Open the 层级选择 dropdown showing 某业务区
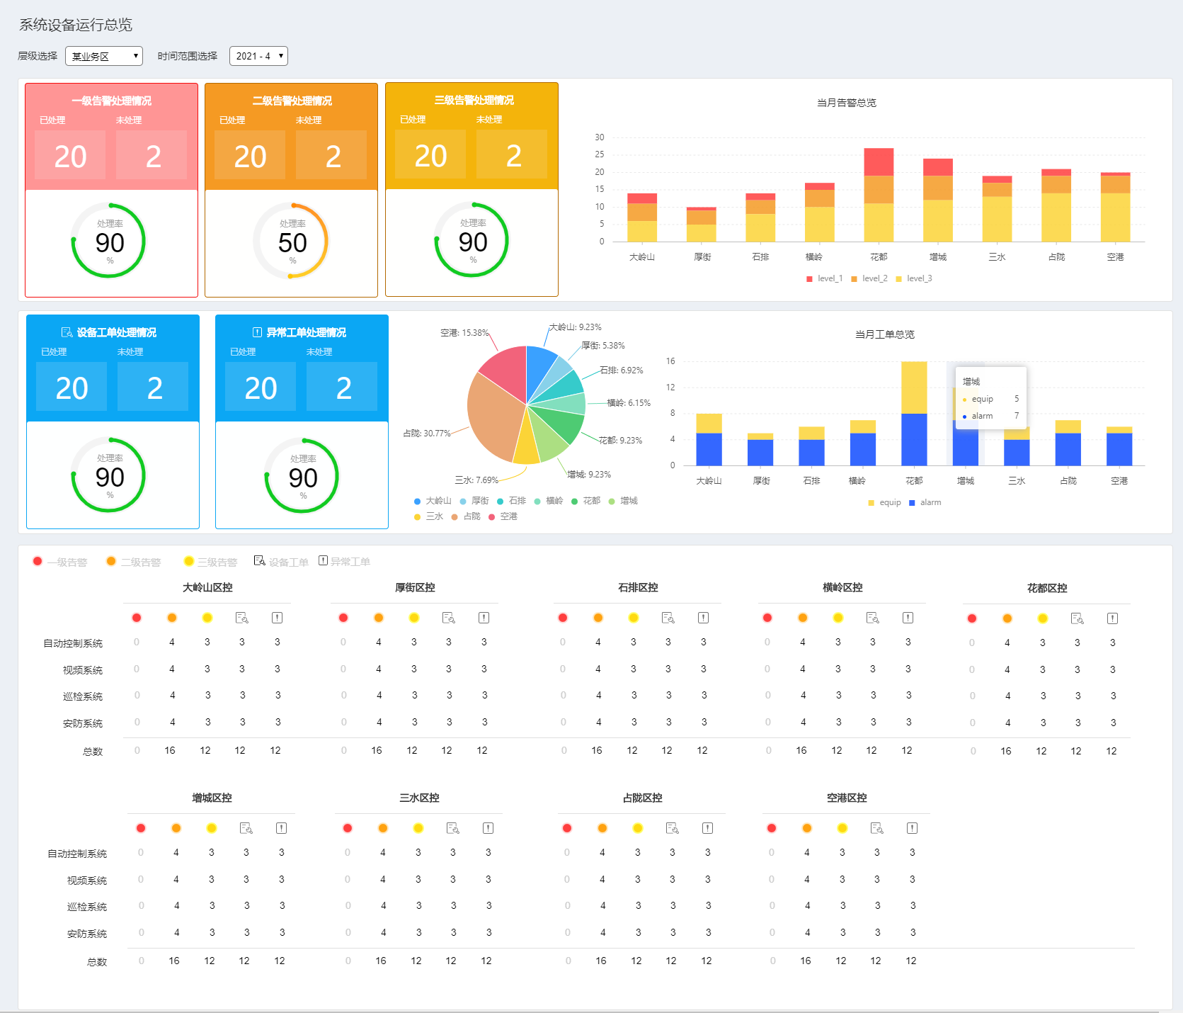[x=104, y=56]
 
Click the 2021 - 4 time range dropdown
[x=258, y=56]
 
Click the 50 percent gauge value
[x=292, y=243]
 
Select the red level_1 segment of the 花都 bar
[x=879, y=162]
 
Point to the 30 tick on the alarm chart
[x=600, y=137]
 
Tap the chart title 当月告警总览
[x=847, y=103]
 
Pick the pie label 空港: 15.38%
[x=464, y=332]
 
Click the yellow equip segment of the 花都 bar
[x=914, y=387]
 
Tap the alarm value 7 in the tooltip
[x=1017, y=416]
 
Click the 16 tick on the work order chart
[x=670, y=361]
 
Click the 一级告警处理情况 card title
[x=111, y=101]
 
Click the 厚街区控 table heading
[x=415, y=587]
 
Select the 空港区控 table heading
[x=847, y=798]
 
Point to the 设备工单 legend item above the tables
[x=282, y=562]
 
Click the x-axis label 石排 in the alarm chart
[x=760, y=257]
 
